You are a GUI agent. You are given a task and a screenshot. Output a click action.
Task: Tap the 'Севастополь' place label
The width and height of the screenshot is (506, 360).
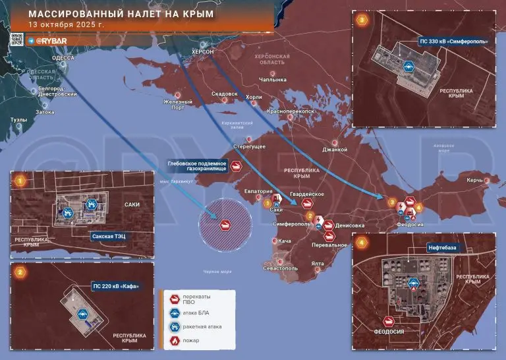point(281,268)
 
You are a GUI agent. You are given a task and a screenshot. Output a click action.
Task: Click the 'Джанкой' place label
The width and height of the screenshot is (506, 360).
point(334,150)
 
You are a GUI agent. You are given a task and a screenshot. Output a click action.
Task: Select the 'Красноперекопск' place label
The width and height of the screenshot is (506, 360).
point(290,112)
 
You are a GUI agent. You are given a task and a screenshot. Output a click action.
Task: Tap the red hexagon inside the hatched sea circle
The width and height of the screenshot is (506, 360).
point(225,225)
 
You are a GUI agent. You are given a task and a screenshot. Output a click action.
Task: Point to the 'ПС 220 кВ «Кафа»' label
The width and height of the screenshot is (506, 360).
point(117,286)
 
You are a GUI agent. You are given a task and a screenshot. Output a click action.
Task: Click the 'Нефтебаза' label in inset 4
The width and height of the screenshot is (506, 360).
point(440,248)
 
